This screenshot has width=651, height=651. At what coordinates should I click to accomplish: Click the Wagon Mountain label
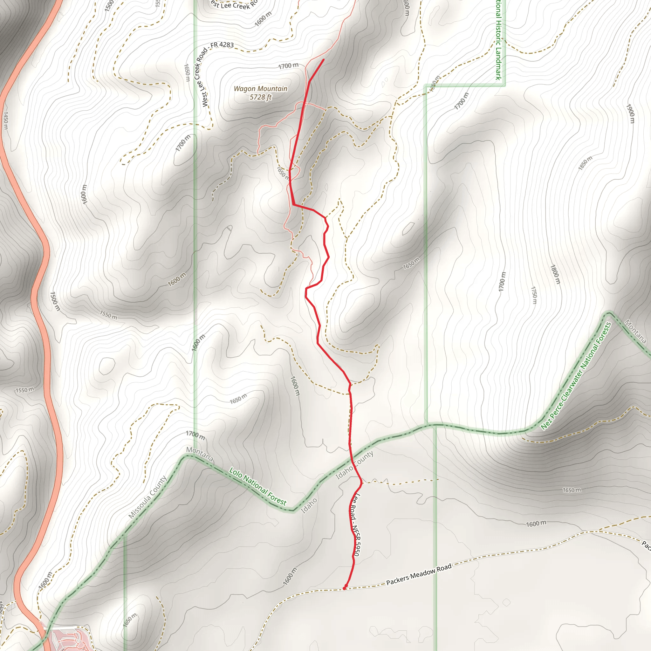tap(260, 89)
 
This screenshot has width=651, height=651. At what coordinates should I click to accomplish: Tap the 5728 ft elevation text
tap(260, 97)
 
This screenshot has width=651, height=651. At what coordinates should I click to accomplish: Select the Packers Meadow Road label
tap(419, 575)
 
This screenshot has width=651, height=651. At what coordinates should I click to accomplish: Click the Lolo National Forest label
tap(258, 487)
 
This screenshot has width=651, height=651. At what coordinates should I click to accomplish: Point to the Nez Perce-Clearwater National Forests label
tap(576, 376)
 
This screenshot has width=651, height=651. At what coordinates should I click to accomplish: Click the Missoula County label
tap(147, 497)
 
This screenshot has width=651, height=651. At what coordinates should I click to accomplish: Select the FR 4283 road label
tap(222, 45)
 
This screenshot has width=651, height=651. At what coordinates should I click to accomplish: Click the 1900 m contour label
tap(630, 113)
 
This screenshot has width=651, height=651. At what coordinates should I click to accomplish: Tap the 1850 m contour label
tap(585, 163)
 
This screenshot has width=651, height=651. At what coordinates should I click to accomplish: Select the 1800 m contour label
tap(555, 274)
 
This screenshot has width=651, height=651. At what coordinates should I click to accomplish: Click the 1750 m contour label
tap(534, 295)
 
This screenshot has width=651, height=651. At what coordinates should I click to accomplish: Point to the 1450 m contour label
tap(5, 120)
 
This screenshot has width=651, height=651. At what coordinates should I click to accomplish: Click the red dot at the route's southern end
tap(344, 588)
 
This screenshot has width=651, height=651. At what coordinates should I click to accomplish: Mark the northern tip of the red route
tap(324, 60)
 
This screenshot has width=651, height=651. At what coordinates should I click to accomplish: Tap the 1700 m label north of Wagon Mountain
tap(288, 66)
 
